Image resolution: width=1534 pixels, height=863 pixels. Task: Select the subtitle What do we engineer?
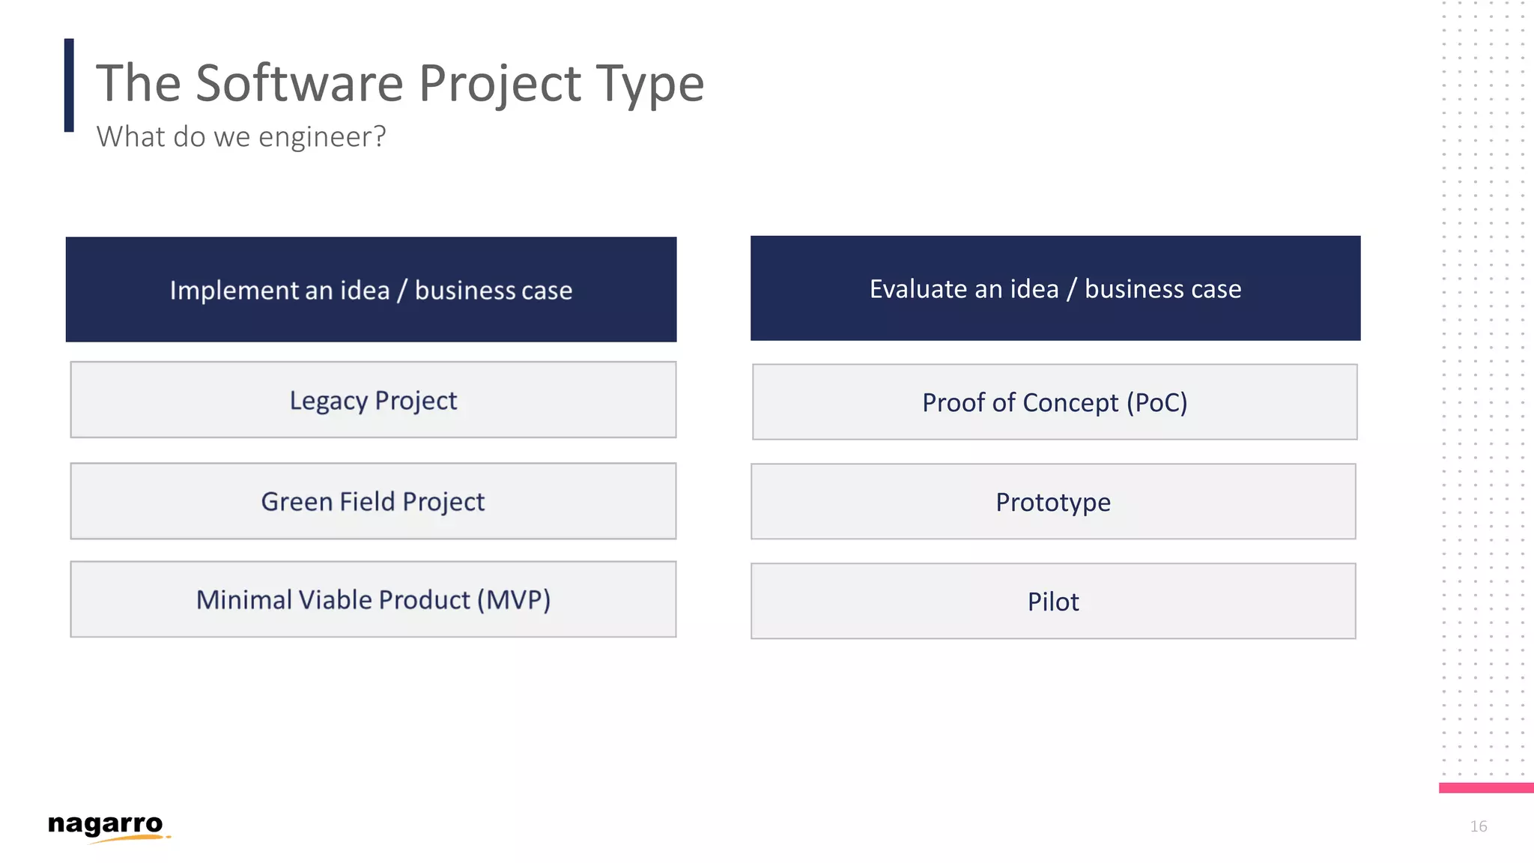241,136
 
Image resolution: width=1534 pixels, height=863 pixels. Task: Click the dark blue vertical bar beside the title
69,85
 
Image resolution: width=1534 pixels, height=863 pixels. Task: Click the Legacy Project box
373,400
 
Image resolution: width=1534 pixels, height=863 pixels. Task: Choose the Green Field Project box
373,501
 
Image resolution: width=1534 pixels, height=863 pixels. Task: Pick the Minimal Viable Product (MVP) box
373,599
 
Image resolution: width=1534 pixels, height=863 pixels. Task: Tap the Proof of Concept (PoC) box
1055,402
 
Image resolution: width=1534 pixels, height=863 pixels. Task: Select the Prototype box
1053,502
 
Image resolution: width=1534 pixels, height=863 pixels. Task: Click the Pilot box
1053,602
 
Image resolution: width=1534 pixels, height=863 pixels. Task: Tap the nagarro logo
106,826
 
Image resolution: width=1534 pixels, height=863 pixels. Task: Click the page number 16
1478,826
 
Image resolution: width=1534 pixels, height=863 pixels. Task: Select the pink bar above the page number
1486,787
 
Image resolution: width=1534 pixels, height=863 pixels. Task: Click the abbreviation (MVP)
514,600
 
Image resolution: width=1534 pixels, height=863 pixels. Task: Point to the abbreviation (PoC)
1156,403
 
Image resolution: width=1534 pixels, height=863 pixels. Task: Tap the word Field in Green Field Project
367,501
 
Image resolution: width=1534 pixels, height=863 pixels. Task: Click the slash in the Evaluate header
1072,289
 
